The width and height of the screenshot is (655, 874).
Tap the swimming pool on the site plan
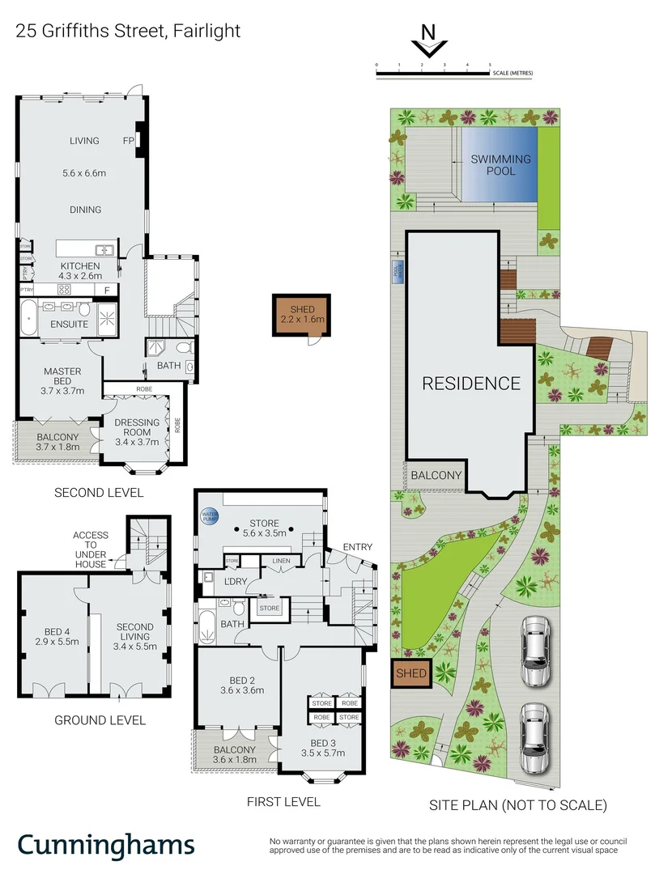coord(500,166)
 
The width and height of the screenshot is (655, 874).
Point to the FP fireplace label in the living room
coord(128,140)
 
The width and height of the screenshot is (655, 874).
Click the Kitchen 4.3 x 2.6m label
coord(79,271)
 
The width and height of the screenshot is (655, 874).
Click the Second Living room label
coord(134,633)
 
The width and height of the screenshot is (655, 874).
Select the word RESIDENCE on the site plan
coord(470,383)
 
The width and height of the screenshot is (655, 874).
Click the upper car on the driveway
coord(534,651)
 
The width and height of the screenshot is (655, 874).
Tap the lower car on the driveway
coord(534,737)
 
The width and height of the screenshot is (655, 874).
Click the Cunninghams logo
coord(106,845)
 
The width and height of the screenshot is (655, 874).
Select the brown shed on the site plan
coord(410,672)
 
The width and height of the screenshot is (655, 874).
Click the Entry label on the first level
coord(357,548)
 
